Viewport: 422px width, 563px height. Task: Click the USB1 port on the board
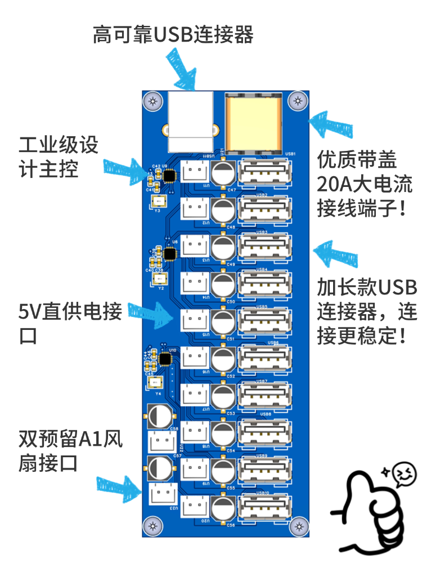pos(264,172)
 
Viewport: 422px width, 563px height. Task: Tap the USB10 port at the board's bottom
pos(264,505)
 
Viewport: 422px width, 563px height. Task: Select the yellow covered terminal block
pos(253,122)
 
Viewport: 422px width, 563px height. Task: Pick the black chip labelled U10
pos(165,359)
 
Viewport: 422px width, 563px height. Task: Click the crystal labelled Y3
pos(159,201)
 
